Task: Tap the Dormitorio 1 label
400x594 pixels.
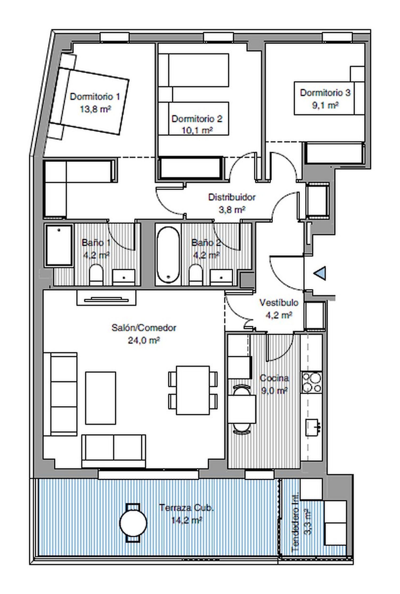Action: (x=95, y=96)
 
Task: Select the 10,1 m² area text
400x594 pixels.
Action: (x=197, y=130)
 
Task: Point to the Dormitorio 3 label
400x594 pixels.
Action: (x=325, y=93)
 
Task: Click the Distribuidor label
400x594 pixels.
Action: (x=232, y=197)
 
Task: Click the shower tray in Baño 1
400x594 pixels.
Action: (x=59, y=245)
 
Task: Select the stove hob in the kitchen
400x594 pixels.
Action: (x=311, y=382)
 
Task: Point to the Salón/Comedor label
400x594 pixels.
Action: (x=144, y=328)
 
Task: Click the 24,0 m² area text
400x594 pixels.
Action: (x=144, y=340)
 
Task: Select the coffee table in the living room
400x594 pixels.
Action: (x=101, y=398)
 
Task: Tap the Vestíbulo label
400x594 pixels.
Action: (x=279, y=302)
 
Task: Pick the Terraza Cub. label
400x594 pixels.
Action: (x=186, y=507)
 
